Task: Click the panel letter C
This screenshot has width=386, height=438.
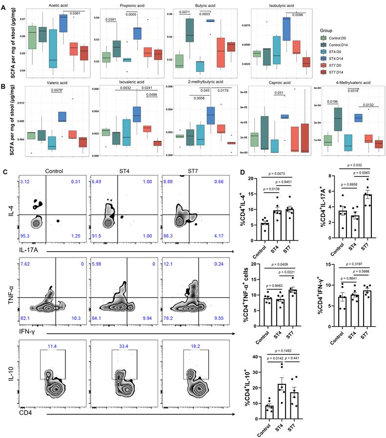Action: coord(5,172)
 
